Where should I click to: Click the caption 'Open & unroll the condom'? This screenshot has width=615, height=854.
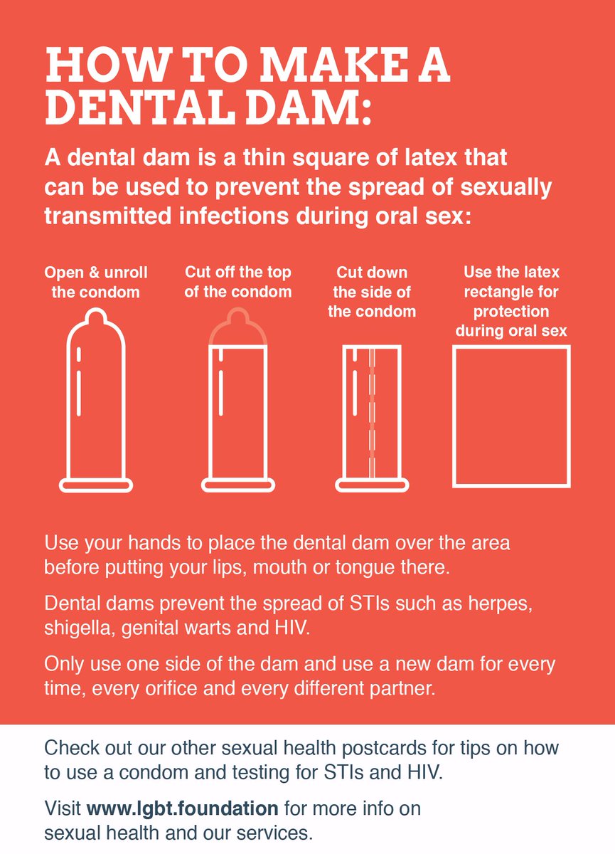[96, 283]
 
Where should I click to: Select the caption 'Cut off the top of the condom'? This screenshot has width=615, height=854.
[238, 282]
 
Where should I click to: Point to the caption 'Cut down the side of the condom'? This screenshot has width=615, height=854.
[372, 292]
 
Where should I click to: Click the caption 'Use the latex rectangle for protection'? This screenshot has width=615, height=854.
[512, 301]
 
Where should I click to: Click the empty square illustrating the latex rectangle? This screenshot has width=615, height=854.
[511, 416]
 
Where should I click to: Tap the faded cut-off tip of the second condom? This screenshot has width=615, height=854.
[238, 327]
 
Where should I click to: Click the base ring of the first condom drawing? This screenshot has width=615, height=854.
[96, 485]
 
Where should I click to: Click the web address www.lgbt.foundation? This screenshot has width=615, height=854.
[182, 809]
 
